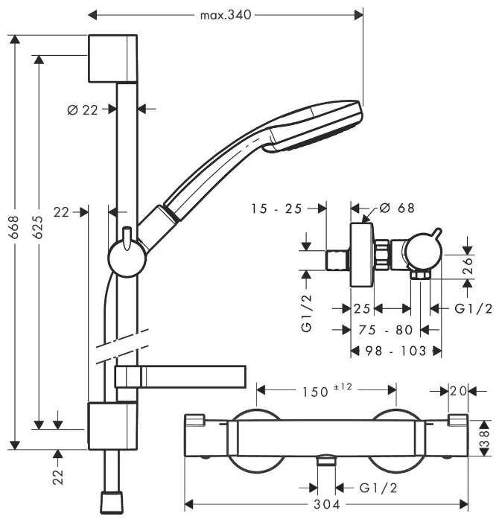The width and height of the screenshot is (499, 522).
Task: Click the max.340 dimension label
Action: point(226,14)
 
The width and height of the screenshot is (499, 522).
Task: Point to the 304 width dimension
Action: point(325,506)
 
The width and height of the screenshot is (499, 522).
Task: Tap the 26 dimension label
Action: point(468,267)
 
